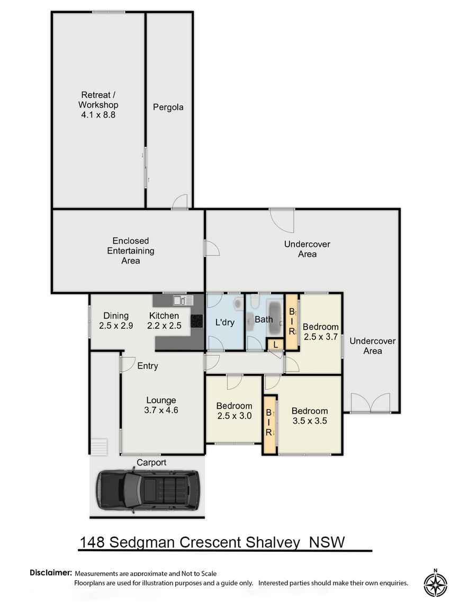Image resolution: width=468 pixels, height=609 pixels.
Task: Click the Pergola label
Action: (x=168, y=107)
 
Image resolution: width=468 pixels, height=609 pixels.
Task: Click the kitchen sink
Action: (x=180, y=300)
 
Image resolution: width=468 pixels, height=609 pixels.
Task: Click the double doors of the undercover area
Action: (x=371, y=403)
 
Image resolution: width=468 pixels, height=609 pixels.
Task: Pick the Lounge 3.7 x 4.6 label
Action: (x=161, y=405)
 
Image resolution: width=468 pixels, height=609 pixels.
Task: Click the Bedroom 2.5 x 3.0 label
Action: (x=234, y=411)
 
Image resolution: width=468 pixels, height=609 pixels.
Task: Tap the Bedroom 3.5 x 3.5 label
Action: (x=309, y=416)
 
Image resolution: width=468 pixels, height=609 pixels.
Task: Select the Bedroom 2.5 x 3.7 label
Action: (x=320, y=332)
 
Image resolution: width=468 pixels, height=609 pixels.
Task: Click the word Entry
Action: (x=148, y=366)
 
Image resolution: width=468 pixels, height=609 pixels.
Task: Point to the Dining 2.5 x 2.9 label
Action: (x=116, y=321)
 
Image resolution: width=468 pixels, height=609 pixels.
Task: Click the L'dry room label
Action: (x=224, y=322)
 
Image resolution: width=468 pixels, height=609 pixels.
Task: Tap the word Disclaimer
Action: (x=50, y=573)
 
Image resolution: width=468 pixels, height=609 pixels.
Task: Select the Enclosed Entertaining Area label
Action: (x=131, y=250)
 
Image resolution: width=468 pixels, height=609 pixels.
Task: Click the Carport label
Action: (x=151, y=462)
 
